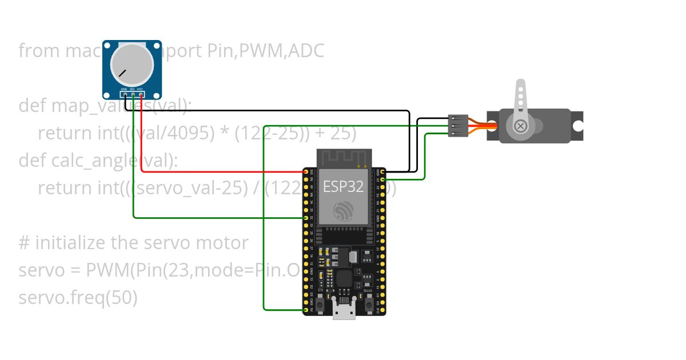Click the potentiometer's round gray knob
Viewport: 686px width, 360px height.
coord(132,63)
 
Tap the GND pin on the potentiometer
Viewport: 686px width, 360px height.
coord(125,94)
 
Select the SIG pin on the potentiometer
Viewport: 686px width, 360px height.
coord(133,94)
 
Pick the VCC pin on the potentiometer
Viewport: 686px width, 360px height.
coord(141,94)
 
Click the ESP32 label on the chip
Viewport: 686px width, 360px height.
coord(343,187)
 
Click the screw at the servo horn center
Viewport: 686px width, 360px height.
coord(520,126)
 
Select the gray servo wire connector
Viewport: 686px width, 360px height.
coord(458,126)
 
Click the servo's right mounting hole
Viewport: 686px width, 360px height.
coord(577,126)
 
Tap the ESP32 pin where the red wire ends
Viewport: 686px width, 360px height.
coord(306,171)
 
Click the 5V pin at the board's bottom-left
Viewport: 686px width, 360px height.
coord(306,311)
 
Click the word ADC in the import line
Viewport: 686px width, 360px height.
coord(306,51)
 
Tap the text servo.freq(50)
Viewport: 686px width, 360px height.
coord(78,298)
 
